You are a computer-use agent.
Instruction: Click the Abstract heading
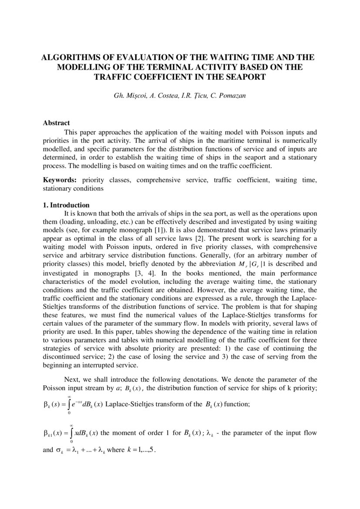coord(56,123)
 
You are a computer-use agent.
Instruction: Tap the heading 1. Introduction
coord(66,205)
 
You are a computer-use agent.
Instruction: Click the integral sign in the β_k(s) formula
coord(69,404)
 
